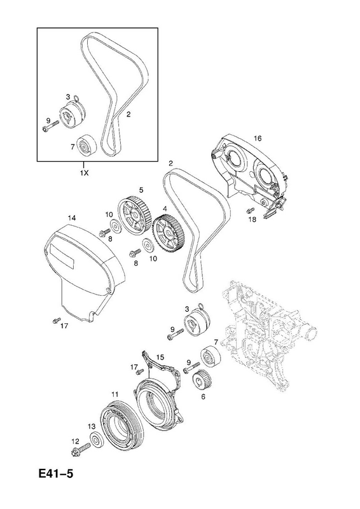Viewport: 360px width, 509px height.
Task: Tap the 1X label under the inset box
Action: (x=84, y=173)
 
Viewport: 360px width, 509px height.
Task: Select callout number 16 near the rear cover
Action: (x=258, y=139)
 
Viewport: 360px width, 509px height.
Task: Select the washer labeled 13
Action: (x=97, y=440)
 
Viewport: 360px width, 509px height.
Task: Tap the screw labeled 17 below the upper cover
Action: (x=56, y=320)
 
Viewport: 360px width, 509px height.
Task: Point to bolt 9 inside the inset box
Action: (x=51, y=125)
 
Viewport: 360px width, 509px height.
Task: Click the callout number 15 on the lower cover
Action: (x=160, y=357)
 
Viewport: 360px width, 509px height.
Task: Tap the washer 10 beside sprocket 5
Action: (x=114, y=225)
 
